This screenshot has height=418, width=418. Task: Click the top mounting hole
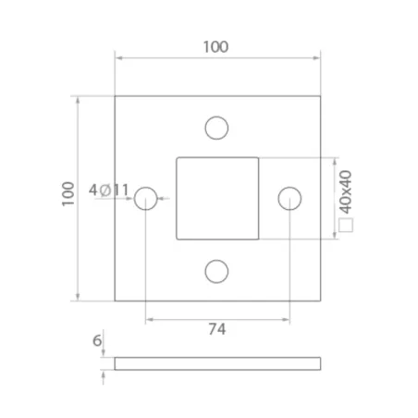(x=217, y=127)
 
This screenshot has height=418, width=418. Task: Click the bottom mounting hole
(x=217, y=270)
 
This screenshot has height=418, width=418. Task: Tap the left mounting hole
(x=146, y=198)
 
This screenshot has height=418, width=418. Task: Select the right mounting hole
(x=289, y=198)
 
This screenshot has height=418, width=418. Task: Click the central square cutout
(x=217, y=198)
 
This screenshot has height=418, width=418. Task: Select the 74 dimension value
(x=217, y=329)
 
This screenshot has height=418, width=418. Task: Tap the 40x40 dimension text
(x=346, y=188)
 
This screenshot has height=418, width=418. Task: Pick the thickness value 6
(x=98, y=340)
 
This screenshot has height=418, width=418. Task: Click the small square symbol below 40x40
(x=346, y=224)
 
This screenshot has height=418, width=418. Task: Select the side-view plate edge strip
(x=217, y=363)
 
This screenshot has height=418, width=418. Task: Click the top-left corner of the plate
(x=115, y=96)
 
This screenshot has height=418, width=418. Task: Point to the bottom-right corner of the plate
(x=321, y=301)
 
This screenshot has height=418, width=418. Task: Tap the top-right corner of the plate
(x=321, y=96)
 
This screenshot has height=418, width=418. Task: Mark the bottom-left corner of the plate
(x=115, y=301)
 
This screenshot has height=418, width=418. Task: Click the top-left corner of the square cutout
(x=177, y=157)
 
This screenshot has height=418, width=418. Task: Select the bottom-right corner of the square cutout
(x=259, y=240)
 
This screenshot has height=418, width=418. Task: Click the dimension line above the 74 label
(x=217, y=320)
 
